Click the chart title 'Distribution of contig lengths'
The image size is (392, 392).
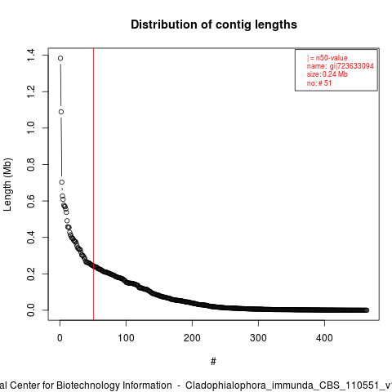pos(214,24)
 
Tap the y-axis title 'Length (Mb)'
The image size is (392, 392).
pos(7,185)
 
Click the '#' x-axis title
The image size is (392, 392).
pos(213,362)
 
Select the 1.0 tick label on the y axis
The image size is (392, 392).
pos(30,128)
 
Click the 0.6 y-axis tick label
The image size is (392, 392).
pos(30,201)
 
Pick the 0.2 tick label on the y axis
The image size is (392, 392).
pos(30,274)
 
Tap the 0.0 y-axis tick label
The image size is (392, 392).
pos(30,310)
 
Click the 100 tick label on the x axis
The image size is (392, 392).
pos(126,338)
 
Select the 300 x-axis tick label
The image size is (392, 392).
pos(258,338)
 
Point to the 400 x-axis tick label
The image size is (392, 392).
pos(324,338)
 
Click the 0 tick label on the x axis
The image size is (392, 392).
pos(60,338)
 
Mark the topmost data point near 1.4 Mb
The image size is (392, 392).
pos(60,58)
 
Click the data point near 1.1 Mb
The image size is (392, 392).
pos(61,112)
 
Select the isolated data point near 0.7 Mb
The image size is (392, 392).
pos(62,182)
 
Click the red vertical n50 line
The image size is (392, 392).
pos(93,184)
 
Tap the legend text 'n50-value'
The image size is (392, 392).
pos(332,58)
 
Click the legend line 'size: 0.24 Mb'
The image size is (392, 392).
pos(327,74)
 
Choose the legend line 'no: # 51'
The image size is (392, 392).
pos(319,83)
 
